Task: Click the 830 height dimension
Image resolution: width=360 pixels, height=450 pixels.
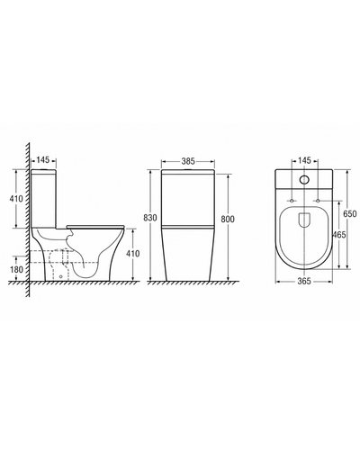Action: (x=150, y=218)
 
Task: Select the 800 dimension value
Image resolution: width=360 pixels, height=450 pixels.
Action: (x=228, y=219)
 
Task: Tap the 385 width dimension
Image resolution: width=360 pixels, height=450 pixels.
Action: (x=188, y=161)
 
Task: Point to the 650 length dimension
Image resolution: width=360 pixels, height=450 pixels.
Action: (x=350, y=213)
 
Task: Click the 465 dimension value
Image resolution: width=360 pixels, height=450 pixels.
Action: (x=339, y=235)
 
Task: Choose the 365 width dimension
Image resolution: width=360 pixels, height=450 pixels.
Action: (x=304, y=281)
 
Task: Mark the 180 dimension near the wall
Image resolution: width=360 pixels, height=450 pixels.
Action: (x=16, y=269)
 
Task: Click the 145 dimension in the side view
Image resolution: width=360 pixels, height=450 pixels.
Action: (x=42, y=160)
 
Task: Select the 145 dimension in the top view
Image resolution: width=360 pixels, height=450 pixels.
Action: (x=304, y=160)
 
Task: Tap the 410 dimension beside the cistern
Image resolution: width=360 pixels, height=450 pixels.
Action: (x=16, y=198)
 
